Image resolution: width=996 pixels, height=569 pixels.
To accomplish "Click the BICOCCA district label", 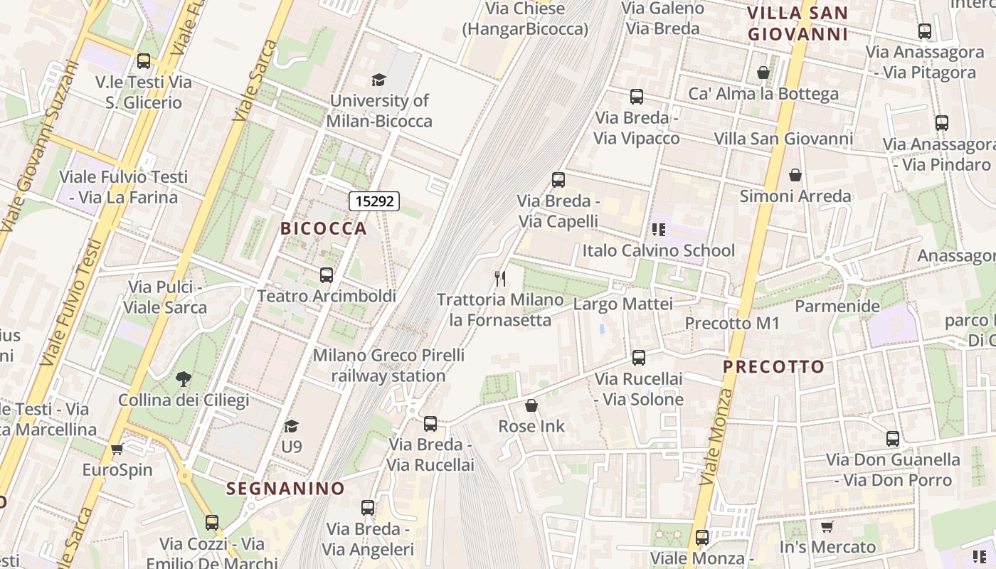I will click(324, 228).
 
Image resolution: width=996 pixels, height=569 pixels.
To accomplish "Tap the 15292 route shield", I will click(374, 201).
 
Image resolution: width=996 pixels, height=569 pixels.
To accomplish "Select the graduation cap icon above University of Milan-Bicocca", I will click(378, 80).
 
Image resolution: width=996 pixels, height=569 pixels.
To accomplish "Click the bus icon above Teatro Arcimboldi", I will click(327, 275).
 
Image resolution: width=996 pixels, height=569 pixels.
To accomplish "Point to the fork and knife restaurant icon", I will click(501, 278).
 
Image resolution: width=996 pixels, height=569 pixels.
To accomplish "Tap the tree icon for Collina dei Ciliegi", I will click(184, 379).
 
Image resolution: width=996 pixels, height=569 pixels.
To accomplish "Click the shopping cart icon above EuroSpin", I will click(117, 449).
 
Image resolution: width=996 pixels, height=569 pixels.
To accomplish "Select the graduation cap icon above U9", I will click(291, 426).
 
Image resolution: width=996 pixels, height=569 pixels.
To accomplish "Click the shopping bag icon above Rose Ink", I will click(531, 405).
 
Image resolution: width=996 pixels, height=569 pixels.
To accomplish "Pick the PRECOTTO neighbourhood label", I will click(774, 367).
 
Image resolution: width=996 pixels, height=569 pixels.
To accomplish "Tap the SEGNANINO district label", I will click(285, 489).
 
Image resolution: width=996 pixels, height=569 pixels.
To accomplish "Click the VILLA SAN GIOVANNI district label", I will click(798, 23).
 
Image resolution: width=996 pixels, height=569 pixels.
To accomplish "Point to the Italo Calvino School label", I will click(658, 250).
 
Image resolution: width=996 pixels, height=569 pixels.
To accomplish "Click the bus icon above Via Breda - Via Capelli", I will click(558, 180).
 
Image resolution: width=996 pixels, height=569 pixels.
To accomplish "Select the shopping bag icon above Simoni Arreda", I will click(795, 175).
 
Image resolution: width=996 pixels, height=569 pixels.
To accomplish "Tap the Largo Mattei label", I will click(622, 304).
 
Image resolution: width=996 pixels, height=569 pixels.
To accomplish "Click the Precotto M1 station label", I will click(732, 324).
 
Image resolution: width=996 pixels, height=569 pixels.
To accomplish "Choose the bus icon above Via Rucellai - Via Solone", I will click(639, 357).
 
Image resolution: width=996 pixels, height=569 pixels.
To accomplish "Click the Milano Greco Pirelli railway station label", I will click(388, 365).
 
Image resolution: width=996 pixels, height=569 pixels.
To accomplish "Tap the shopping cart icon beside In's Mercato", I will click(827, 526).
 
